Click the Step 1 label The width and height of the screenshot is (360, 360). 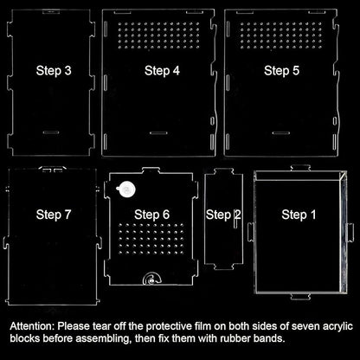[299, 215]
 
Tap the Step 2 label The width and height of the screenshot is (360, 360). [223, 215]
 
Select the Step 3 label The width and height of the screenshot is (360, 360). [54, 71]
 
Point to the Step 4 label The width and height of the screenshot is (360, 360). [162, 71]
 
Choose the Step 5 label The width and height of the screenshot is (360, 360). [281, 71]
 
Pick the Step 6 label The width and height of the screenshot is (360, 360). [151, 215]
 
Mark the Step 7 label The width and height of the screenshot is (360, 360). [54, 215]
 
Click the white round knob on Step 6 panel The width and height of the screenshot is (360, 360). [126, 190]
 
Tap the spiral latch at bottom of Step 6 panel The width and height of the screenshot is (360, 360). [151, 278]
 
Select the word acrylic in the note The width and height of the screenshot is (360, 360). [337, 326]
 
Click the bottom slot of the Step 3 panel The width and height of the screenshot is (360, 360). [51, 132]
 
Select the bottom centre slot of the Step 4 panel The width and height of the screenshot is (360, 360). [158, 133]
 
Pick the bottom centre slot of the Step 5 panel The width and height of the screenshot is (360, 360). [281, 133]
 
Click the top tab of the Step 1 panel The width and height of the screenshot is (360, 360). [300, 168]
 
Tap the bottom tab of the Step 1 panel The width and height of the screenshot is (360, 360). [300, 297]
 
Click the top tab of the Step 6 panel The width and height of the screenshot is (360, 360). [151, 170]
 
